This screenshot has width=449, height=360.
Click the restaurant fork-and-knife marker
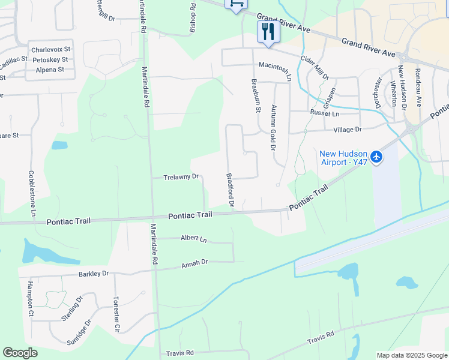268,32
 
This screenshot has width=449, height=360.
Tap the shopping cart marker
236,4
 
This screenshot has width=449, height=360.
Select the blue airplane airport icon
376,157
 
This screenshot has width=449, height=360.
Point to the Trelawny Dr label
181,177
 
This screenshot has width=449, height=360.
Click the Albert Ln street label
193,239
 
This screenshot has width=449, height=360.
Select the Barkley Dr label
93,274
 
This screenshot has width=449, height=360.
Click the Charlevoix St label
51,50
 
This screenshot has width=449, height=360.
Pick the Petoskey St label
51,60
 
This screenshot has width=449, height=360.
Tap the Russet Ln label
324,113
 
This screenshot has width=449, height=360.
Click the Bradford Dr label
230,191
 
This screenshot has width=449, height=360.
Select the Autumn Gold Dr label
273,127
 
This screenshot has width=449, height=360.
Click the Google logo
20,353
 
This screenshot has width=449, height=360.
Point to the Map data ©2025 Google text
412,355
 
